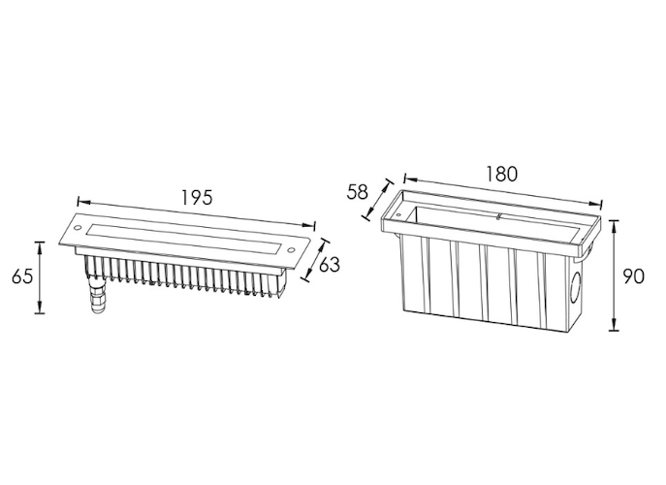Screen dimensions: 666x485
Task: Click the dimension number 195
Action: (197, 196)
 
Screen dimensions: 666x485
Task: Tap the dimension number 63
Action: (330, 264)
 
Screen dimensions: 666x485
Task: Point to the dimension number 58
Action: (357, 191)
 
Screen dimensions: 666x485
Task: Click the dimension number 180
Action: (500, 174)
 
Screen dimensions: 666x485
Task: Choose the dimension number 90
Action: (632, 276)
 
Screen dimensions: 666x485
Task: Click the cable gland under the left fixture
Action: (96, 292)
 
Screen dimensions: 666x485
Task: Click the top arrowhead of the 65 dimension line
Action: (40, 242)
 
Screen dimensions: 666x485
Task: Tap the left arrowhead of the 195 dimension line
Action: (80, 203)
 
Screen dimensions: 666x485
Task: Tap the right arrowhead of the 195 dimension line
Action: (312, 225)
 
